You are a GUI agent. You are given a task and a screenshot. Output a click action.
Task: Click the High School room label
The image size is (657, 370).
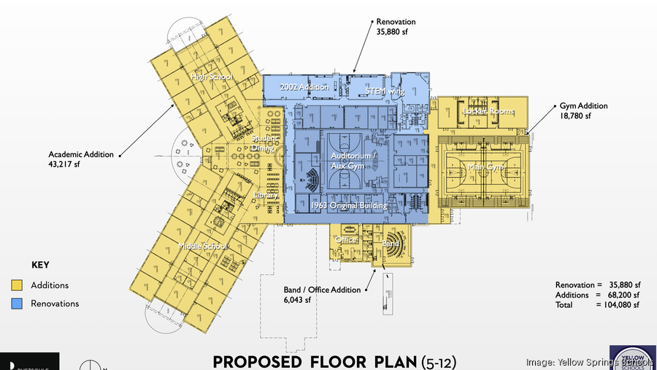(212, 77)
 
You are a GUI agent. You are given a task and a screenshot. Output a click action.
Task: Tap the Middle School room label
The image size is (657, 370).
(204, 246)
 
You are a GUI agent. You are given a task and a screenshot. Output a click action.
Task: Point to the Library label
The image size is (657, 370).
(266, 196)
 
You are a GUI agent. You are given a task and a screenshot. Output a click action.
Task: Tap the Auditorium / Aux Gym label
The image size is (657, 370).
(353, 161)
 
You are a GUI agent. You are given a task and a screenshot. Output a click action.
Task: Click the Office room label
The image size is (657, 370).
(346, 240)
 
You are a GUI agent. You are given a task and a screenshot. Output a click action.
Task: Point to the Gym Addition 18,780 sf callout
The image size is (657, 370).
(583, 110)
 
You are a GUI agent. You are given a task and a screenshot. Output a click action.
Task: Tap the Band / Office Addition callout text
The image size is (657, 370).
(322, 295)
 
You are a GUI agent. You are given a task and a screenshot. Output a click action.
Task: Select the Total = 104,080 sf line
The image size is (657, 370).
(597, 305)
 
